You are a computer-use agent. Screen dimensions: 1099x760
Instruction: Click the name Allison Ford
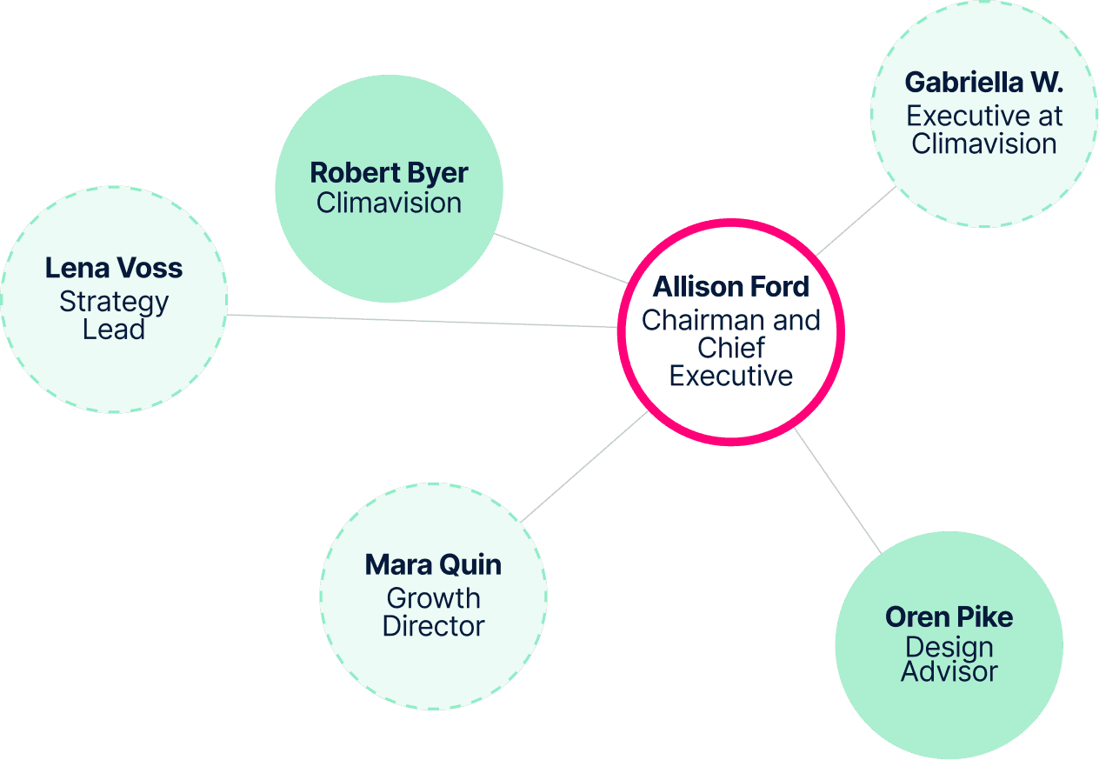coord(730,287)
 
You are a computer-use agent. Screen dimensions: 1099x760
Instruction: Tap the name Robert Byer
coord(389,173)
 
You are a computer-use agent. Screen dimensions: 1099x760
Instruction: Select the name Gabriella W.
coord(983,82)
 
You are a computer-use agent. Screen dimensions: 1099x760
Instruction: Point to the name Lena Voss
coord(114,268)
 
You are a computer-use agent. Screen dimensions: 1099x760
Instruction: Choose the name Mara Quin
coord(433,564)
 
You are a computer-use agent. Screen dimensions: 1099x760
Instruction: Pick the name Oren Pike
coord(949,617)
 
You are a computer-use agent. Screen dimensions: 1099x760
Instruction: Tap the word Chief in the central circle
coord(731,348)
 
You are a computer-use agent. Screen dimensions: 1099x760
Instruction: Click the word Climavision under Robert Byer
coord(389,203)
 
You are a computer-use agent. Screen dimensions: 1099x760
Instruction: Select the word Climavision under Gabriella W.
coord(984,143)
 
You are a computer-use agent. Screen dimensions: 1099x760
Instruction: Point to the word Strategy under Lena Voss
coord(114,303)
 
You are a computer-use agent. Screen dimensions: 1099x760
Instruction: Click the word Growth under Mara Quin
coord(433,598)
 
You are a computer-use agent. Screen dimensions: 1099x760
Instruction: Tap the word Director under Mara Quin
coord(433,626)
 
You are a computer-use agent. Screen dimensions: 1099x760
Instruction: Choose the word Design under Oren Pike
coord(949,648)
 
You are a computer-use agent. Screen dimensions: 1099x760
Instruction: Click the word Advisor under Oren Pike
coord(949,671)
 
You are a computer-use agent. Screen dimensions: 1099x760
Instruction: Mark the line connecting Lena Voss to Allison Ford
coord(422,321)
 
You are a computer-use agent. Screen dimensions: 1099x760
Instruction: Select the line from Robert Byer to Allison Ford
coord(561,258)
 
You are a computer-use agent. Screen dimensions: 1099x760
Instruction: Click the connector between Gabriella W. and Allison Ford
coord(856,221)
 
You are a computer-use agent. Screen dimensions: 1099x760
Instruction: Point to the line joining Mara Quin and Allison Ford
coord(584,467)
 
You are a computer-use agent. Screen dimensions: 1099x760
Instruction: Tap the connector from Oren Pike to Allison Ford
coord(837,490)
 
